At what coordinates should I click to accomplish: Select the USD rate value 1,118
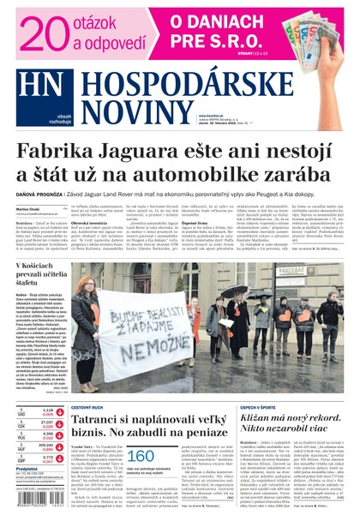pos(48,410)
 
